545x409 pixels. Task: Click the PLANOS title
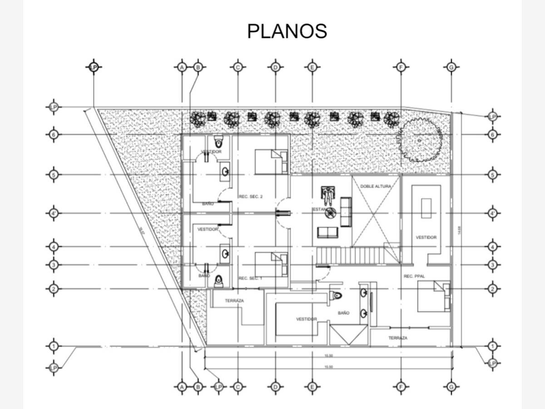(x=287, y=31)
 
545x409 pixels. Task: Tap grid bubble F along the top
(x=401, y=67)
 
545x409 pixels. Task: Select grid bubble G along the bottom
(x=451, y=387)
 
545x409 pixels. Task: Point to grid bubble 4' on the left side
(x=54, y=213)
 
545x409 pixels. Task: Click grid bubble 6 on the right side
(x=493, y=135)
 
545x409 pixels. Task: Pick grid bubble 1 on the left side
(x=54, y=346)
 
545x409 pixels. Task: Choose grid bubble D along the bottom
(x=275, y=387)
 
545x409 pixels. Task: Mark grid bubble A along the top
(x=182, y=67)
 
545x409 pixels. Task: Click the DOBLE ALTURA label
(x=376, y=186)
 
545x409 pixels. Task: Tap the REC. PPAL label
(x=414, y=276)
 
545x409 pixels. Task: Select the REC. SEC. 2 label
(x=251, y=197)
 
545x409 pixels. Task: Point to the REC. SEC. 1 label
(x=250, y=278)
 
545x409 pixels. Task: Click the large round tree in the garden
(x=420, y=140)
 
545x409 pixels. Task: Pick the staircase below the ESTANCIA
(x=351, y=255)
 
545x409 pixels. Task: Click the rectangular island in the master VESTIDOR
(x=426, y=208)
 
